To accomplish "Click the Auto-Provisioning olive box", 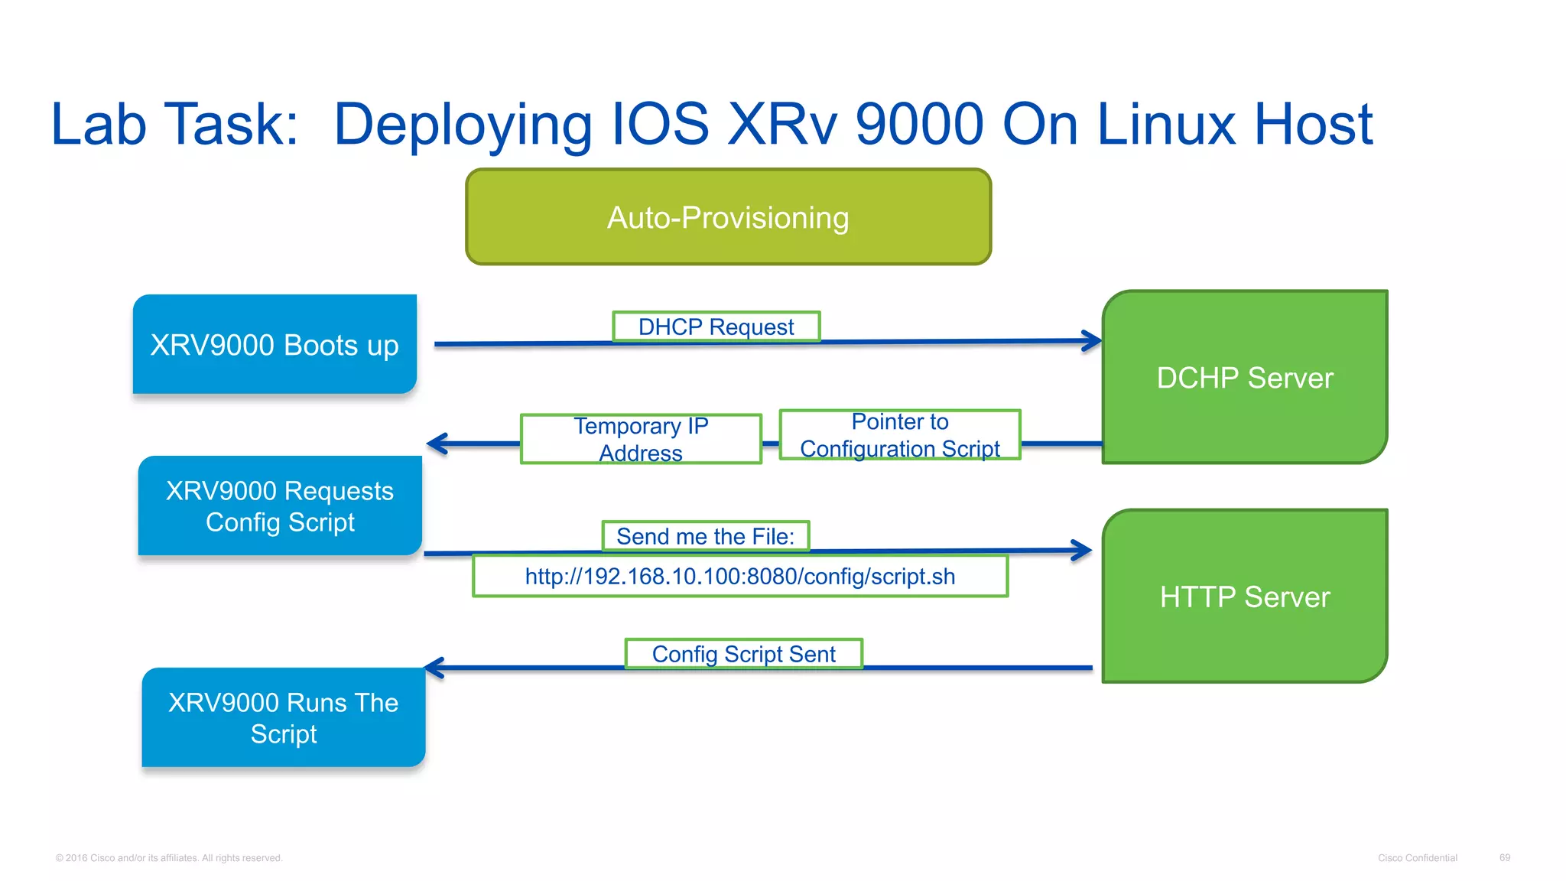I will pyautogui.click(x=728, y=217).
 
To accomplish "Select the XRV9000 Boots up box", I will pyautogui.click(x=275, y=344).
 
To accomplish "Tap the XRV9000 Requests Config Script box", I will pyautogui.click(x=280, y=506).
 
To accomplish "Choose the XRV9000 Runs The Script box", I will pyautogui.click(x=283, y=717).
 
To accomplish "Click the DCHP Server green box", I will pyautogui.click(x=1244, y=377).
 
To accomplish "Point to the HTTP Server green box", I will pyautogui.click(x=1244, y=597).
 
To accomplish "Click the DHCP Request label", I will pyautogui.click(x=716, y=327).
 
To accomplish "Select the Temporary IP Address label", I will pyautogui.click(x=641, y=439).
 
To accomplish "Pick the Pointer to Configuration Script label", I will pyautogui.click(x=899, y=434).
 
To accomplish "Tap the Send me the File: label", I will pyautogui.click(x=705, y=536).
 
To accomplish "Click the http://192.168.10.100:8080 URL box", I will pyautogui.click(x=739, y=576).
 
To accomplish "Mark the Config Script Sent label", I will pyautogui.click(x=743, y=654).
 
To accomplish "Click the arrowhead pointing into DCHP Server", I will pyautogui.click(x=1092, y=341).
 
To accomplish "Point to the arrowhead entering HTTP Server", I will pyautogui.click(x=1082, y=550).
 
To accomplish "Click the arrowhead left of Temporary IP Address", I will pyautogui.click(x=437, y=444).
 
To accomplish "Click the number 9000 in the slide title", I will pyautogui.click(x=918, y=124).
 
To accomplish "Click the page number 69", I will pyautogui.click(x=1504, y=857).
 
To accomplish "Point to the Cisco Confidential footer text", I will pyautogui.click(x=1417, y=858).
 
